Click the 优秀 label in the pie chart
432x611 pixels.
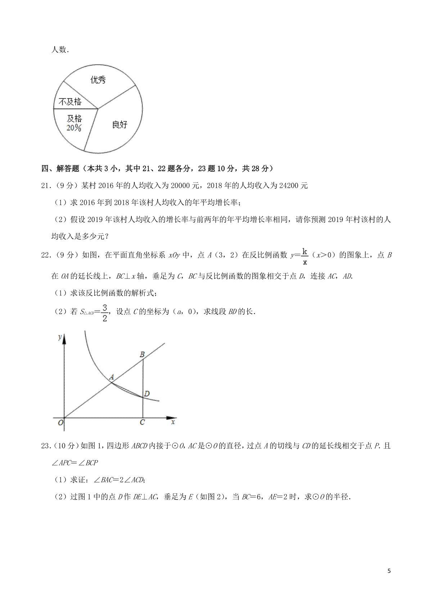click(x=98, y=80)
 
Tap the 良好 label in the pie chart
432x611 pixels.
click(x=120, y=125)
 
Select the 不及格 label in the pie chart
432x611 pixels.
click(x=70, y=102)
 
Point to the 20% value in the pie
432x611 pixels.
click(x=74, y=128)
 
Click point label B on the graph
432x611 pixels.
click(x=142, y=355)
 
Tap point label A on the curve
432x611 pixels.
click(x=112, y=377)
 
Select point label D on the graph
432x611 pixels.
click(x=147, y=394)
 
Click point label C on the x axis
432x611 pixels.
click(x=142, y=422)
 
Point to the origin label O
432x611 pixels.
click(x=60, y=423)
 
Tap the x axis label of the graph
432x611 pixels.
click(x=173, y=422)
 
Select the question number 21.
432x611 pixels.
click(x=46, y=186)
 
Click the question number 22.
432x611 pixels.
click(x=46, y=255)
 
